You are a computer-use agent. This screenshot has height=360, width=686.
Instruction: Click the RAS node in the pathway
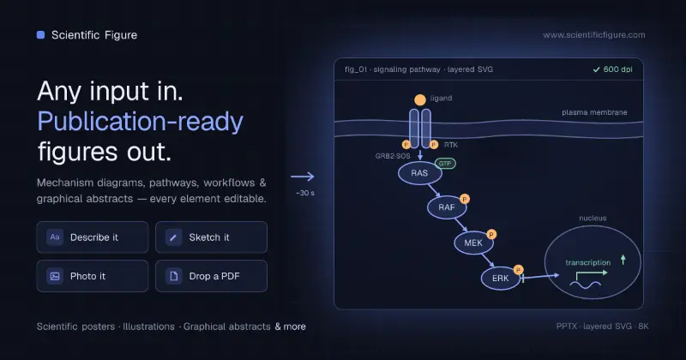(419, 173)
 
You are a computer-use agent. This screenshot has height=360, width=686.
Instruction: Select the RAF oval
(447, 207)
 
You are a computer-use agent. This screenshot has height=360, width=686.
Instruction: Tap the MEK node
(473, 243)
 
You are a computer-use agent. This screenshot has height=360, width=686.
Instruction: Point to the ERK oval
(501, 279)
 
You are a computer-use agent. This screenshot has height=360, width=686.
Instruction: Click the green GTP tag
(445, 164)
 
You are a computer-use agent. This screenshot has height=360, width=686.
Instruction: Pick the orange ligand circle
(420, 100)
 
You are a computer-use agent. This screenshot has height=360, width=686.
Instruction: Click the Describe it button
(93, 237)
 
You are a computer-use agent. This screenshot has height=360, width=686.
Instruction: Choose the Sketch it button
(211, 237)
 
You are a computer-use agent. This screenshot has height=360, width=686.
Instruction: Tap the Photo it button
(93, 276)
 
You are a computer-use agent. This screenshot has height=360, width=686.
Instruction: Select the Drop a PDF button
(211, 276)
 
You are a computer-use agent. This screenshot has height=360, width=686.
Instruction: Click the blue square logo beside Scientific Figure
(40, 35)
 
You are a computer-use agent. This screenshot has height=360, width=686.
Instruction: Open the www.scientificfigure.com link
(594, 35)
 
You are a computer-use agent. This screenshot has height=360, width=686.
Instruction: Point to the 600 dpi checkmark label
(612, 69)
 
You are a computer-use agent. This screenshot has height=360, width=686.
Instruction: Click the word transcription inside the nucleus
(588, 262)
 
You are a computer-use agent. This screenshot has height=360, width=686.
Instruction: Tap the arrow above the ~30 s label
(303, 177)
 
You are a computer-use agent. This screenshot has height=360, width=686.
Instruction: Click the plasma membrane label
(594, 112)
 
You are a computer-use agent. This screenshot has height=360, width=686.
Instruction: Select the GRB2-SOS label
(393, 156)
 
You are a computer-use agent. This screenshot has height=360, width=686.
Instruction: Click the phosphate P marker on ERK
(519, 269)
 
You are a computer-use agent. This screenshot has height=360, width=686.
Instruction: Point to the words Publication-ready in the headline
(140, 122)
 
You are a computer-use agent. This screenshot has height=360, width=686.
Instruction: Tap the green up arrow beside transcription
(623, 260)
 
